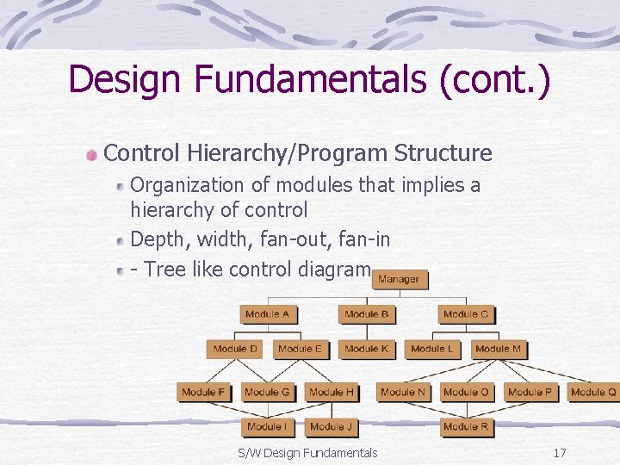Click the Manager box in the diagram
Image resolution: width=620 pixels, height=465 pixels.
[x=399, y=279]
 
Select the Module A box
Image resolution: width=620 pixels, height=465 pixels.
[x=268, y=314]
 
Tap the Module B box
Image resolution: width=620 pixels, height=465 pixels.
[x=366, y=314]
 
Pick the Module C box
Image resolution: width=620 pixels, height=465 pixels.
[x=465, y=314]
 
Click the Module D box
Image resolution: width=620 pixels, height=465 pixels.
[x=235, y=349]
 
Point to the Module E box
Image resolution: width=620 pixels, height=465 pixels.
[x=301, y=349]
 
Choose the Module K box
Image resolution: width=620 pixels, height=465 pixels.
[x=366, y=349]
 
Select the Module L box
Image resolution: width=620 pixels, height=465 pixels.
[x=431, y=349]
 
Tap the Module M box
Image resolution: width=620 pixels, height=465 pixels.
[x=498, y=349]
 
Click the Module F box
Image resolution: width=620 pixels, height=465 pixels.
[x=203, y=392]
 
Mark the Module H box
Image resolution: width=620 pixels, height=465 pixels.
[x=332, y=392]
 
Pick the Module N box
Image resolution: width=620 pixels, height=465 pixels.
[x=403, y=392]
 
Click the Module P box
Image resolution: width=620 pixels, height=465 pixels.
[x=530, y=392]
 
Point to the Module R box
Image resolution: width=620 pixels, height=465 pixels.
[x=466, y=426]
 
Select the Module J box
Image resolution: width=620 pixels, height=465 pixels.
[x=332, y=426]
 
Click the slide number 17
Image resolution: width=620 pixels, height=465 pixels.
[x=560, y=453]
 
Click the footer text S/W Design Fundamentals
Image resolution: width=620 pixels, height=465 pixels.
[x=307, y=453]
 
